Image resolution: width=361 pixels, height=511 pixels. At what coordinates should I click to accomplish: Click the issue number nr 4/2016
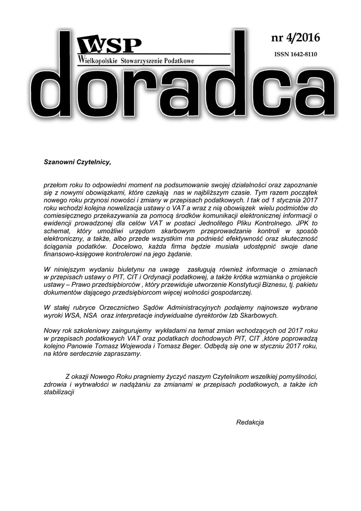[x=295, y=38]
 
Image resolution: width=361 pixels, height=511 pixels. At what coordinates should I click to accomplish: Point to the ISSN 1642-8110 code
[x=296, y=54]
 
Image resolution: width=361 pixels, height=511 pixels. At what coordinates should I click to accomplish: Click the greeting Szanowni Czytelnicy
[x=77, y=162]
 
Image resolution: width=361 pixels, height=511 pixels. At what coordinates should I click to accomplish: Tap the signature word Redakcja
[x=250, y=422]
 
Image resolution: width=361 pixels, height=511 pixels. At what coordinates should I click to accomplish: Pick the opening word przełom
[x=56, y=185]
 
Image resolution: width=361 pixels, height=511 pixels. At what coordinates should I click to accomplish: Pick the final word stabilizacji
[x=59, y=392]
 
